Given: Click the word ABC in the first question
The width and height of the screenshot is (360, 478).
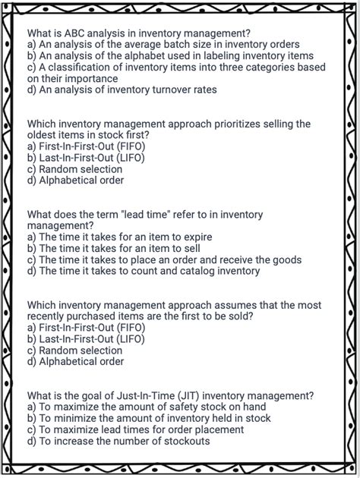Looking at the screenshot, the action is (x=74, y=33).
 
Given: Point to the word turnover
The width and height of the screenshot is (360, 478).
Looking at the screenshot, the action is (x=166, y=90).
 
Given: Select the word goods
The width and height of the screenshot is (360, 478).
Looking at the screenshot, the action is (x=286, y=259).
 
